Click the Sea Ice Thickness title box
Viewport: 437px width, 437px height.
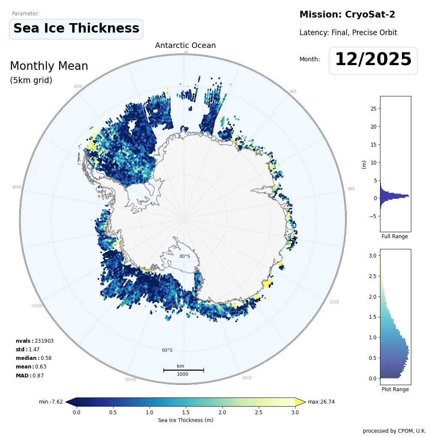[x=76, y=29]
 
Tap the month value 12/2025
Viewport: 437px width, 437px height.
[x=373, y=60]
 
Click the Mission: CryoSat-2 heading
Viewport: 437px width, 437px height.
[x=347, y=15]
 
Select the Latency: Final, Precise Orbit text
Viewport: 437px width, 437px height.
[x=348, y=33]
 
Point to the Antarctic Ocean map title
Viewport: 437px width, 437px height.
[x=185, y=45]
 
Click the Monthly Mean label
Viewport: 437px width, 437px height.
[x=49, y=66]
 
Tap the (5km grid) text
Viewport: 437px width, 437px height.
[x=31, y=81]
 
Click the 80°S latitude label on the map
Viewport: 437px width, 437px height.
[x=185, y=257]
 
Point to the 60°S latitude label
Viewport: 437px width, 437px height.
[x=167, y=350]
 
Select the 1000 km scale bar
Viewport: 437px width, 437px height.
[x=183, y=370]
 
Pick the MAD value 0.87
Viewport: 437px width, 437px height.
[x=38, y=376]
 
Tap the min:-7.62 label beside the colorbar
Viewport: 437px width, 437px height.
[x=51, y=402]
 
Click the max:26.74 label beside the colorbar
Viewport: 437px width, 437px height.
[x=321, y=402]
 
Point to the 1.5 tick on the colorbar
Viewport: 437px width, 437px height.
[x=186, y=412]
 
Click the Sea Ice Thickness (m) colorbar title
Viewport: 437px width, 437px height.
[x=186, y=420]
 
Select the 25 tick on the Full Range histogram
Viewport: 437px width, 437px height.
[x=373, y=109]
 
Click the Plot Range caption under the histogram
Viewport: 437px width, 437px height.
[x=395, y=389]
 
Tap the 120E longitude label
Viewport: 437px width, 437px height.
[x=334, y=302]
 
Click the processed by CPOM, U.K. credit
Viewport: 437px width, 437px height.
[x=394, y=431]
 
